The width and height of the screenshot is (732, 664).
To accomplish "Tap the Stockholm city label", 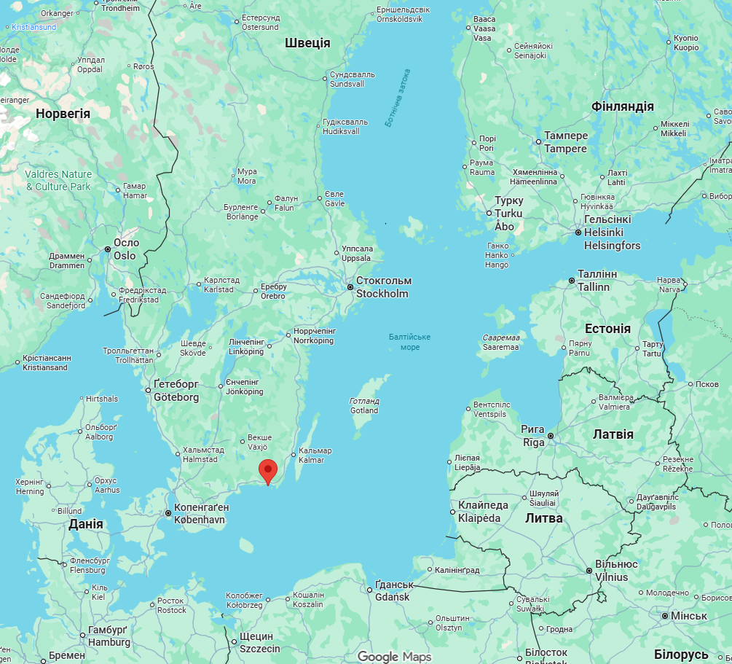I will click(x=383, y=287).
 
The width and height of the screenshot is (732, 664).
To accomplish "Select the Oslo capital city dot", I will click(x=108, y=249).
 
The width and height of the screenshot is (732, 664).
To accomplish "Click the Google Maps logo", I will click(x=394, y=656).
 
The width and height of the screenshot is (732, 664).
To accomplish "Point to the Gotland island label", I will click(x=364, y=406).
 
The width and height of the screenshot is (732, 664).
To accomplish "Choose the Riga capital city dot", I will click(x=551, y=436).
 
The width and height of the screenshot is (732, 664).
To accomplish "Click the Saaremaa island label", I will click(x=501, y=343).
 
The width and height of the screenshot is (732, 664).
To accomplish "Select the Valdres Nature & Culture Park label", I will click(x=58, y=180).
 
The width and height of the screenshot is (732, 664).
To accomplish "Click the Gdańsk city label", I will click(x=393, y=591).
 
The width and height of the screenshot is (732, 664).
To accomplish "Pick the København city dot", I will click(x=168, y=514).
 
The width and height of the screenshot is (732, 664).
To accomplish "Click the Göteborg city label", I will click(x=176, y=391).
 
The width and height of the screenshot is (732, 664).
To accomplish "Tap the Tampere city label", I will click(x=565, y=142).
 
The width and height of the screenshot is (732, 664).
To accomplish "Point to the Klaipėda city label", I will click(x=483, y=512).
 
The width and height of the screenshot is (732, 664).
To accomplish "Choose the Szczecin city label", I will click(x=259, y=642).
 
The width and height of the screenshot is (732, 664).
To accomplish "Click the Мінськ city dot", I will click(x=665, y=616).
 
